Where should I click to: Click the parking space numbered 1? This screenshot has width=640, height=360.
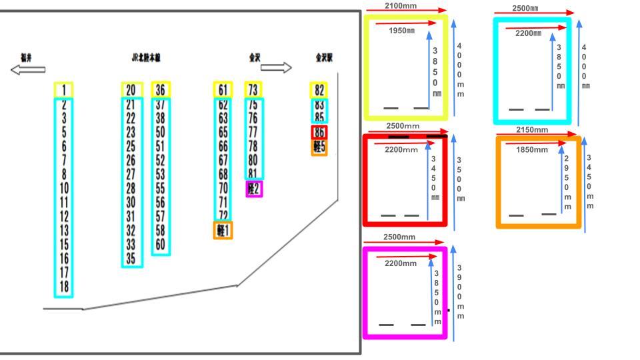[x=63, y=90]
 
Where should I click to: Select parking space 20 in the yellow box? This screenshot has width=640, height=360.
[x=131, y=90]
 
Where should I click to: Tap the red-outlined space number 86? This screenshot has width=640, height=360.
[x=319, y=132]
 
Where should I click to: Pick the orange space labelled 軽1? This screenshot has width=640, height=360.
[x=223, y=231]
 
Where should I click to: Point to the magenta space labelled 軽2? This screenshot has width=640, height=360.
[x=253, y=189]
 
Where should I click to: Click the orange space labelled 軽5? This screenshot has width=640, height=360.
[x=319, y=147]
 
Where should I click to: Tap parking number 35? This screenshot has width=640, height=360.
[x=131, y=258]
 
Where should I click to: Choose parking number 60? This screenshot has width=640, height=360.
[x=160, y=244]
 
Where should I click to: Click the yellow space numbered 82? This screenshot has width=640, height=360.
[x=319, y=90]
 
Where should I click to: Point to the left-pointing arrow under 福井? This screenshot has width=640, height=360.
[x=28, y=69]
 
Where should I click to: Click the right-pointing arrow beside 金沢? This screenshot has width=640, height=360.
[x=276, y=68]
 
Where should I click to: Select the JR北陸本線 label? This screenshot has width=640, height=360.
[x=146, y=57]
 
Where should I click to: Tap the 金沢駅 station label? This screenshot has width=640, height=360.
[x=324, y=57]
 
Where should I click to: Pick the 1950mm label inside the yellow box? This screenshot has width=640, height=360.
[x=401, y=31]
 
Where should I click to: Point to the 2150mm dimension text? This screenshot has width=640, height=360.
[x=532, y=130]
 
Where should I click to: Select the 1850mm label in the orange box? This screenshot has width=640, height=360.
[x=532, y=150]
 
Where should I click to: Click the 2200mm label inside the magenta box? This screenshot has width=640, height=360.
[x=401, y=263]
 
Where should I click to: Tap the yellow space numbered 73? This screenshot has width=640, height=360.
[x=253, y=90]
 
